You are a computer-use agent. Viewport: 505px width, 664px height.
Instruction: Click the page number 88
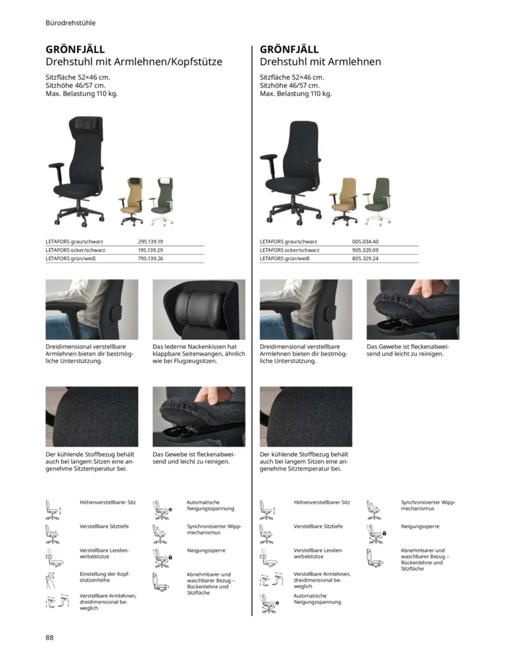pyautogui.click(x=50, y=637)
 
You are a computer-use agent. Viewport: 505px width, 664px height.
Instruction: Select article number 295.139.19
pyautogui.click(x=150, y=241)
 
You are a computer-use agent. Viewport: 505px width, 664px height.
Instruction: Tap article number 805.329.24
pyautogui.click(x=365, y=258)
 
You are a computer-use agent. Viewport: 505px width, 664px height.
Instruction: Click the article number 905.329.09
pyautogui.click(x=365, y=250)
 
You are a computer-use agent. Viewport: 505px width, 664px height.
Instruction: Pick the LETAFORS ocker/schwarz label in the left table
pyautogui.click(x=75, y=250)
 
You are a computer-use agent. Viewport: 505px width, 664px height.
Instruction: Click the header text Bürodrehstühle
pyautogui.click(x=71, y=23)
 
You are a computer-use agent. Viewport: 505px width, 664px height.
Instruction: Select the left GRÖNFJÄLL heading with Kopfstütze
pyautogui.click(x=75, y=49)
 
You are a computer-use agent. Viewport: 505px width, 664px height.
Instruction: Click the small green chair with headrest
pyautogui.click(x=163, y=202)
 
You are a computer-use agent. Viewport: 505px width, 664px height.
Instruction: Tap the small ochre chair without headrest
pyautogui.click(x=345, y=201)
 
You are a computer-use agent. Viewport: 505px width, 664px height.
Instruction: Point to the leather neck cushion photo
pyautogui.click(x=199, y=310)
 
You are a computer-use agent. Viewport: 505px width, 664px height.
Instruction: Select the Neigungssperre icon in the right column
pyautogui.click(x=376, y=533)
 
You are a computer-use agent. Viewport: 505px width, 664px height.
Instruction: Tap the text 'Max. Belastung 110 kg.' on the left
pyautogui.click(x=81, y=94)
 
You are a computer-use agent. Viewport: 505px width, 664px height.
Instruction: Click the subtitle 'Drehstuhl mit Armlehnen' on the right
pyautogui.click(x=320, y=62)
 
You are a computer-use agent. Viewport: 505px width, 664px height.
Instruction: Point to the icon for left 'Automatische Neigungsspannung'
pyautogui.click(x=160, y=510)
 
